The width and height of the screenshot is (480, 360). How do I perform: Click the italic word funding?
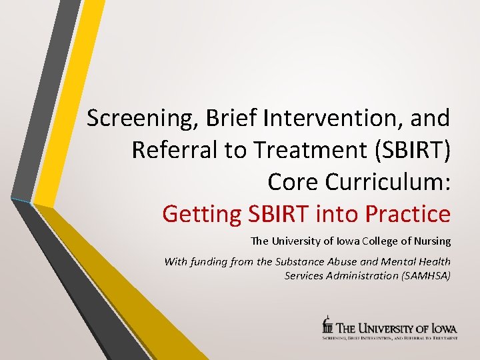(215, 262)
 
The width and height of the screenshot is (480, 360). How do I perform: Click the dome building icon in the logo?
(327, 325)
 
